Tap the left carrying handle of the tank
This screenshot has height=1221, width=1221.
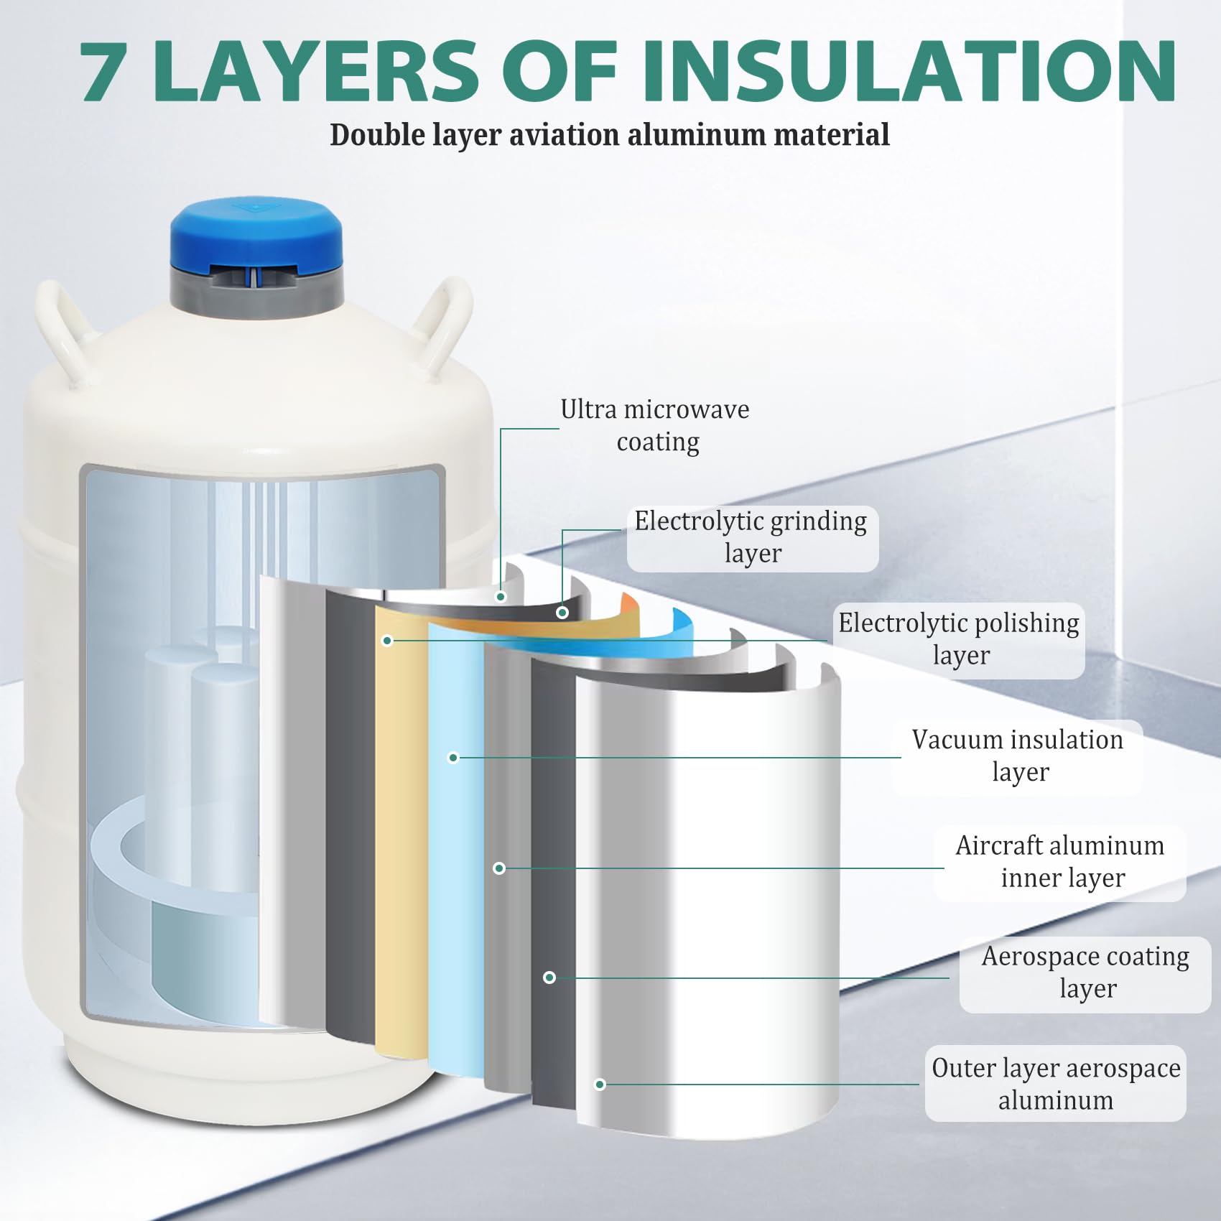click(61, 330)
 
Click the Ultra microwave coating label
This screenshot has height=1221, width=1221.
click(656, 425)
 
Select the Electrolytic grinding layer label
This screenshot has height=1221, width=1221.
click(751, 537)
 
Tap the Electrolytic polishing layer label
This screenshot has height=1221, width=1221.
click(959, 639)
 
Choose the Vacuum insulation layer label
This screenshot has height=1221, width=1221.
click(1018, 756)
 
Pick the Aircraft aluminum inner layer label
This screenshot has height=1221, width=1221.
click(1060, 861)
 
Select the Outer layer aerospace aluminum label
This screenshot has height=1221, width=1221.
click(1056, 1083)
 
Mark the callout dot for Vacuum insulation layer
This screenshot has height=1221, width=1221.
click(453, 757)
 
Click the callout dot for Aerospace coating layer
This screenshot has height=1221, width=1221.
click(549, 978)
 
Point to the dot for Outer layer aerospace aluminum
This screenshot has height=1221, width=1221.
click(600, 1085)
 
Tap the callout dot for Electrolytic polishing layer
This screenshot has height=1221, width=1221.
click(387, 640)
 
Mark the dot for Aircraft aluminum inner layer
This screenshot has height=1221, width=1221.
click(499, 868)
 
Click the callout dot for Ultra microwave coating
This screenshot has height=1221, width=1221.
click(501, 597)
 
